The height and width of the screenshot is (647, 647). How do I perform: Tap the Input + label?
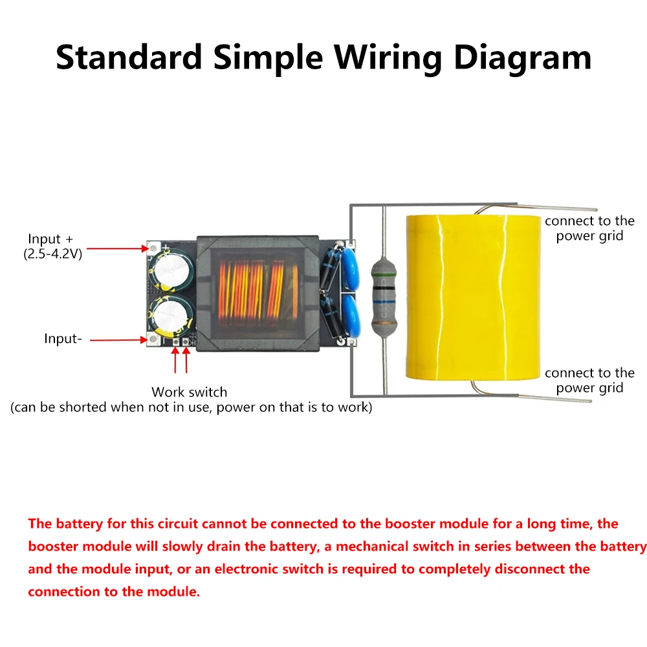coord(55,239)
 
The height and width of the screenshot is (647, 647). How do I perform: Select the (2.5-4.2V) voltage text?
coord(53,254)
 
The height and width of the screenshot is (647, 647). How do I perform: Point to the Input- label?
coord(63,338)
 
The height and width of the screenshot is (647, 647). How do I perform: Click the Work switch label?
coord(190,392)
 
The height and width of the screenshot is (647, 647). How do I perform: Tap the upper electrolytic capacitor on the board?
coord(170,268)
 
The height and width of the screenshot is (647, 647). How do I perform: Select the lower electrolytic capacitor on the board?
coord(171,314)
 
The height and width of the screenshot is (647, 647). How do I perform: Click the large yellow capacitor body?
coord(472,297)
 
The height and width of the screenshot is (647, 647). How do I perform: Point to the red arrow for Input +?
coord(117,248)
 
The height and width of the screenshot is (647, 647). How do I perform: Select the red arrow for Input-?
coord(117,339)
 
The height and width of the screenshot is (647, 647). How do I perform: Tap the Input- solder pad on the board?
coord(154,339)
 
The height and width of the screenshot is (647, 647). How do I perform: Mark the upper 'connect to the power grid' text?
coord(589,228)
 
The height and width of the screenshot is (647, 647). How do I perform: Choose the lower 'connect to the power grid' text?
coord(589,380)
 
